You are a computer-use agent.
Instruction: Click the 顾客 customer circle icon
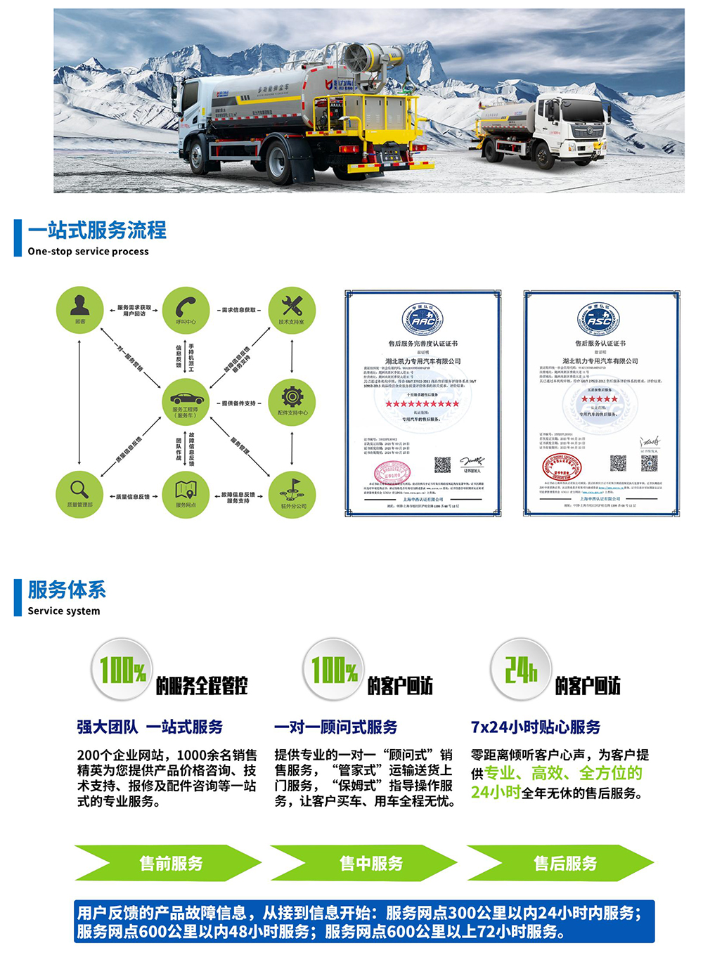(x=80, y=310)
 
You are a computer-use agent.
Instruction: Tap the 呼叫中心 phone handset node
(x=186, y=310)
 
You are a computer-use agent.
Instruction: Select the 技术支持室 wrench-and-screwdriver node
(x=292, y=310)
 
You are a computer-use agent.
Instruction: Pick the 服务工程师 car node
(x=186, y=402)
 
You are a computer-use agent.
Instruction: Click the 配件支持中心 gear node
(x=292, y=402)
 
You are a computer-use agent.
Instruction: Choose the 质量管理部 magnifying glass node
(x=80, y=494)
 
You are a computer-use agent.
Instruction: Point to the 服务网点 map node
(x=186, y=494)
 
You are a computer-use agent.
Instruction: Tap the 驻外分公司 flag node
(x=292, y=494)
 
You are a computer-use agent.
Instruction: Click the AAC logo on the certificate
(x=423, y=319)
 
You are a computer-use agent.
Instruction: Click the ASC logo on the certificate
(x=599, y=319)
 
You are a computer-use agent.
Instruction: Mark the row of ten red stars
(x=423, y=404)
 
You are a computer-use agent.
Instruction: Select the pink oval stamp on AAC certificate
(x=391, y=474)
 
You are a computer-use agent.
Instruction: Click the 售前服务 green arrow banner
(x=169, y=863)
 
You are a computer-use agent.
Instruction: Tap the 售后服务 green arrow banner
(x=562, y=863)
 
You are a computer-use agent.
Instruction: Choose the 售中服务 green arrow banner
(x=366, y=863)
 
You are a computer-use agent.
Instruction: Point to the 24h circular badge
(x=520, y=670)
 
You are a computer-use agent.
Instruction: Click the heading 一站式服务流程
(x=97, y=230)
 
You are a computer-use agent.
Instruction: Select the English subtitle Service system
(x=64, y=611)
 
